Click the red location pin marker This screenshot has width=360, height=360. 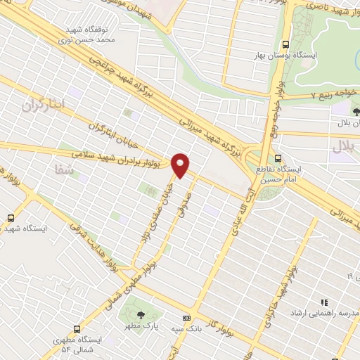(x=181, y=165)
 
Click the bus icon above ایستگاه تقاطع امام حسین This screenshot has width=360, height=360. (x=278, y=158)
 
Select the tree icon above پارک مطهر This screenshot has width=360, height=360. (x=142, y=316)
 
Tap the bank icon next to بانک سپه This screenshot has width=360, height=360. (x=186, y=318)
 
